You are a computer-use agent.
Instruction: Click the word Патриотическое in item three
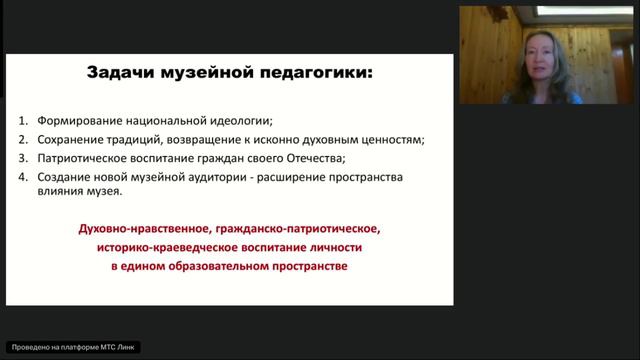[86, 158]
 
